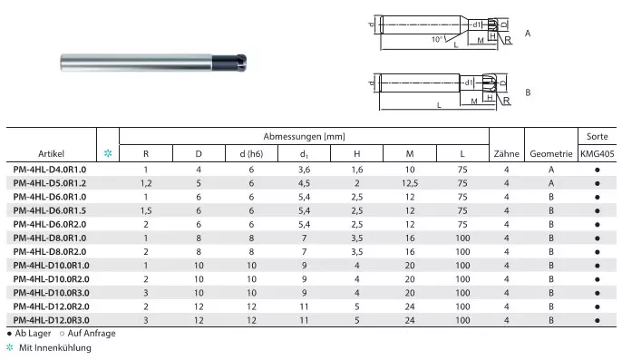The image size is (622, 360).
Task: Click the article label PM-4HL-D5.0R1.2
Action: click(50, 183)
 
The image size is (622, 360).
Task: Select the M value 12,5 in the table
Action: click(410, 183)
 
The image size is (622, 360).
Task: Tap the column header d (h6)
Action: click(251, 154)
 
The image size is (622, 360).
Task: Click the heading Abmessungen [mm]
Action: click(305, 137)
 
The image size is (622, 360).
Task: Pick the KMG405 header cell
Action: click(597, 153)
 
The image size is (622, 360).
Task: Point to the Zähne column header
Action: click(506, 153)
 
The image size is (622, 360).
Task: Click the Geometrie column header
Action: click(551, 153)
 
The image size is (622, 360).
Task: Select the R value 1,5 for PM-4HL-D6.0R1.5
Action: click(146, 210)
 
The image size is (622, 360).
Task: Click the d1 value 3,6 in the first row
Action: click(305, 170)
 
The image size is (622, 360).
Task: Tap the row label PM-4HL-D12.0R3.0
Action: click(51, 320)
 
